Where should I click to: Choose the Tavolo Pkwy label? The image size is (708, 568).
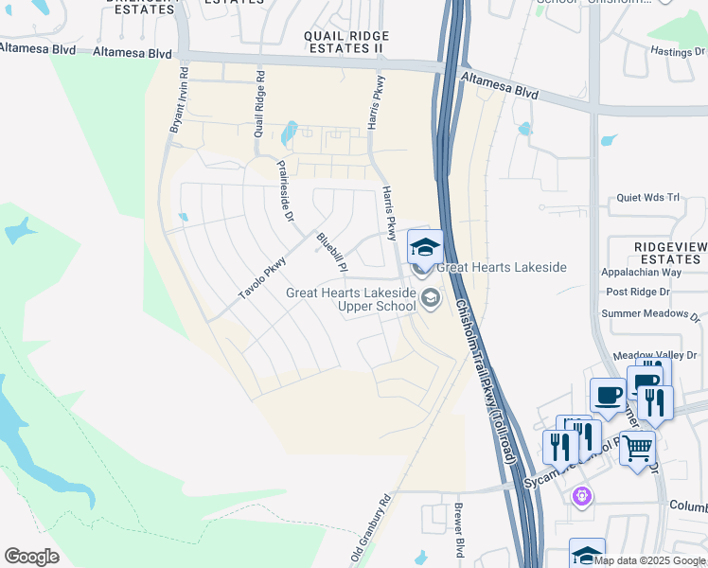coord(262,279)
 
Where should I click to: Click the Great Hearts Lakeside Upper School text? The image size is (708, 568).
coord(351,299)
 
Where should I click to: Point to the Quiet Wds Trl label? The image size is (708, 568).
coord(647,198)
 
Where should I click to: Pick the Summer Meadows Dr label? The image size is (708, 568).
coord(654,313)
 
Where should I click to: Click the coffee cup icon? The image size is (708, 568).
coord(607,394)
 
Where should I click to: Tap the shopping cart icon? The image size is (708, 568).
coord(637,445)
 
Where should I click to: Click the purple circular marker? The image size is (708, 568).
coord(581,495)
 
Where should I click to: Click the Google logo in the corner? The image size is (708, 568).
coord(31,557)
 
